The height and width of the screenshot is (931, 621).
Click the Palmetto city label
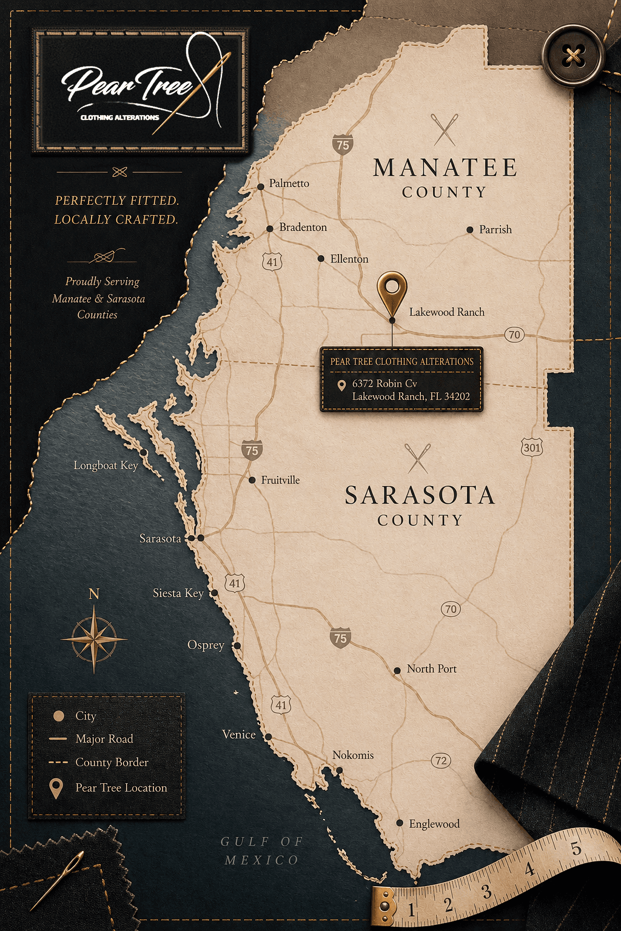pos(289,183)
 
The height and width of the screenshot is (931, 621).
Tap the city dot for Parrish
pos(470,230)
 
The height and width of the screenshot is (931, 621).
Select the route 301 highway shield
pos(532,448)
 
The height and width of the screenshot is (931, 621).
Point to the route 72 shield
pos(441,760)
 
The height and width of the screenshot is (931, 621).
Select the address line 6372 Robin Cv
pos(384,384)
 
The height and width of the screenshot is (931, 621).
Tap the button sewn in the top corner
pos(573,56)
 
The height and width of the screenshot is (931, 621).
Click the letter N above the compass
pos(94,594)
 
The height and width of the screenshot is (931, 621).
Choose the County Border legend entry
pos(112,762)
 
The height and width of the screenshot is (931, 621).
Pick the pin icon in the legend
pos(56,788)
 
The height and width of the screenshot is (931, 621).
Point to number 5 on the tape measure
pos(576,849)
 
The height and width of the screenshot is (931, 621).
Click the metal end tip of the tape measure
pos(384,907)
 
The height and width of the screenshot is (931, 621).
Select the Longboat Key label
pos(106,465)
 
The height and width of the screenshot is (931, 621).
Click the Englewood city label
pos(434,824)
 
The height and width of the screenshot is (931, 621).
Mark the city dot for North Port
pos(397,670)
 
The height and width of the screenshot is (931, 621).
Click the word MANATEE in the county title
pos(445,168)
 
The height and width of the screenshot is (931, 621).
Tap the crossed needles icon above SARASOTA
pos(418,458)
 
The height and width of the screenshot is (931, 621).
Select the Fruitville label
pos(280,480)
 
